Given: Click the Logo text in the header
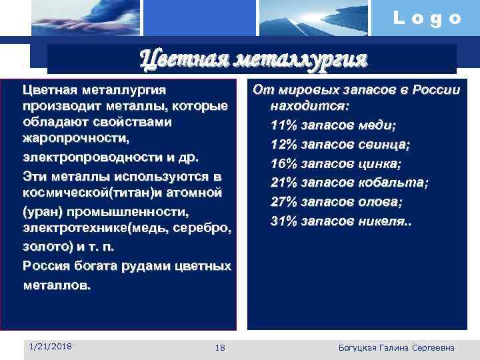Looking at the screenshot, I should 427,18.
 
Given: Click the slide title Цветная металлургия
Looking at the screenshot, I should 253,59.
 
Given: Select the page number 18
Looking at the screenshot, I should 221,348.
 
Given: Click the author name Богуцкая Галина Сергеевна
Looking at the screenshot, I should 397,348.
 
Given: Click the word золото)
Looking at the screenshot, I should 47,247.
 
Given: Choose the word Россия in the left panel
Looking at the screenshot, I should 44,266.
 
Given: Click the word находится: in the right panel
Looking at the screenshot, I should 311,106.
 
